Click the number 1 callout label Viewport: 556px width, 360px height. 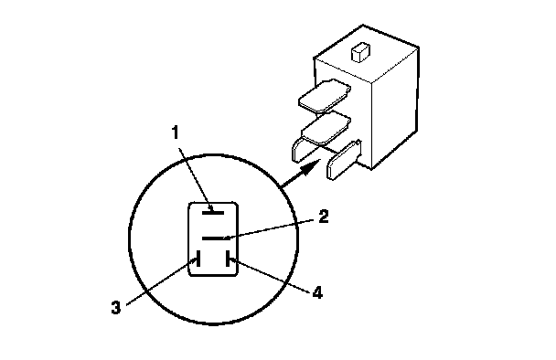coord(175,132)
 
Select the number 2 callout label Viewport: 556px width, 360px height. coord(323,217)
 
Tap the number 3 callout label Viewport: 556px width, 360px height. coord(116,308)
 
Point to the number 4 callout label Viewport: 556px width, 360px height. coord(317,293)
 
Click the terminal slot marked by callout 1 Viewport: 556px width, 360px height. coord(213,213)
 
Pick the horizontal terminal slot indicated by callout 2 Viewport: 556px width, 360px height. coord(213,238)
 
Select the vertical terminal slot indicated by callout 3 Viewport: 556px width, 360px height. coord(198,259)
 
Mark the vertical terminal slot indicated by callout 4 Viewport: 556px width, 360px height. coord(228,259)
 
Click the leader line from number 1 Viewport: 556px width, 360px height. coord(196,180)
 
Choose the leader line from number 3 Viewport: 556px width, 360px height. coord(161,281)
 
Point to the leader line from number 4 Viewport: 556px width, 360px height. coord(271,276)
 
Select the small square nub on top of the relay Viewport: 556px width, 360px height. coord(360,52)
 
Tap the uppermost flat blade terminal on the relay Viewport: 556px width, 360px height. coord(325,96)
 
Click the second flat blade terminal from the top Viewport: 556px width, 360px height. coord(326,128)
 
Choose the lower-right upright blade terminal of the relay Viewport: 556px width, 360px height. coord(344,160)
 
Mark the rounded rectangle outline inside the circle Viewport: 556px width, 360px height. coord(188,239)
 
